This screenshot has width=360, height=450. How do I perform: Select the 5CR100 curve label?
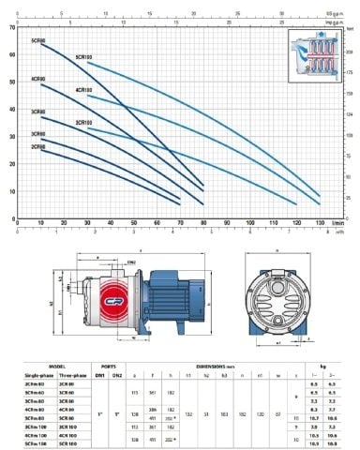(83, 56)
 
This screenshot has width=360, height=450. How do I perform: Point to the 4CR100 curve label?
(83, 90)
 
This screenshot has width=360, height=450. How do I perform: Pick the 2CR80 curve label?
(38, 147)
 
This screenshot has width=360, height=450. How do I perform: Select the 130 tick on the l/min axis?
(321, 222)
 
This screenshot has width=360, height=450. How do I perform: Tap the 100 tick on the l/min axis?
(250, 222)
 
